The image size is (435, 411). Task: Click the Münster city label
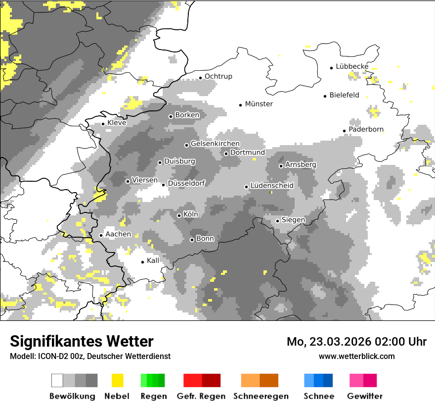pyautogui.click(x=259, y=104)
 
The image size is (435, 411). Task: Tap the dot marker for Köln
pyautogui.click(x=179, y=215)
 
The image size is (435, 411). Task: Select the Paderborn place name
pyautogui.click(x=366, y=130)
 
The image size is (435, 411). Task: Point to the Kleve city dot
pyautogui.click(x=103, y=124)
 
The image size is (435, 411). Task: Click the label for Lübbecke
pyautogui.click(x=352, y=66)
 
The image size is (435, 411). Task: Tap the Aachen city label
pyautogui.click(x=118, y=234)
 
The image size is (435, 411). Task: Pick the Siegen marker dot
pyautogui.click(x=278, y=221)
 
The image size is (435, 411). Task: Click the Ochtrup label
pyautogui.click(x=218, y=76)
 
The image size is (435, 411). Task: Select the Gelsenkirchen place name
pyautogui.click(x=215, y=144)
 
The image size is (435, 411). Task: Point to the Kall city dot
pyautogui.click(x=143, y=262)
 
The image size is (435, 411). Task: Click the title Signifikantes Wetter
pyautogui.click(x=82, y=341)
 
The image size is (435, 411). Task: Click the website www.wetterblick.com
pyautogui.click(x=357, y=356)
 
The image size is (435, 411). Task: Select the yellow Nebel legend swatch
pyautogui.click(x=117, y=380)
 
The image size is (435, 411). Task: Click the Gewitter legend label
pyautogui.click(x=365, y=396)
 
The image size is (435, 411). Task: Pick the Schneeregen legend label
pyautogui.click(x=261, y=396)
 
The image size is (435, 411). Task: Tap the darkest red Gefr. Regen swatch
pyautogui.click(x=211, y=380)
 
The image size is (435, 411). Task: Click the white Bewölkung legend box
pyautogui.click(x=57, y=380)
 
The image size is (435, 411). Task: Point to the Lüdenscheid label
pyautogui.click(x=272, y=186)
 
